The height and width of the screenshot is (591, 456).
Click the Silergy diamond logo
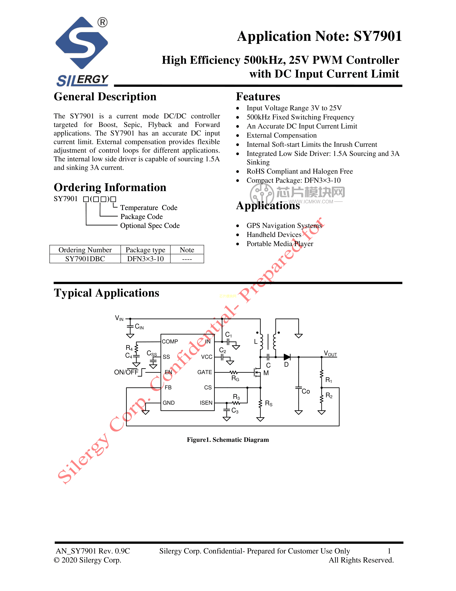click(x=82, y=43)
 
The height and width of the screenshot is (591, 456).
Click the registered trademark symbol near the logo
click(x=102, y=22)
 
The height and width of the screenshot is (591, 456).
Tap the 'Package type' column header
click(x=145, y=250)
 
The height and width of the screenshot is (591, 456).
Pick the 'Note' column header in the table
click(x=187, y=250)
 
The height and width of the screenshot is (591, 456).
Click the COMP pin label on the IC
click(x=170, y=342)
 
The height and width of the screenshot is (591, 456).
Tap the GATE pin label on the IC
click(x=205, y=372)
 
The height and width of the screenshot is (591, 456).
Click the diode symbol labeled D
click(x=287, y=357)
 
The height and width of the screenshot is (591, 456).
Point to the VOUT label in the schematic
click(x=330, y=353)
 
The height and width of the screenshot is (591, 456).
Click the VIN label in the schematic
click(x=119, y=318)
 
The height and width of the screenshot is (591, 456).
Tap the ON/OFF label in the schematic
click(x=126, y=372)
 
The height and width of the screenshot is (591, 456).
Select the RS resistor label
click(x=269, y=403)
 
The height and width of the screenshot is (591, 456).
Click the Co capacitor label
click(x=306, y=391)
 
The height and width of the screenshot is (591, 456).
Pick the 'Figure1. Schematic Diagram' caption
click(x=228, y=440)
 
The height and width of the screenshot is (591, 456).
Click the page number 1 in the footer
click(x=389, y=551)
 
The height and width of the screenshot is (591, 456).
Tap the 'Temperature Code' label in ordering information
click(x=149, y=208)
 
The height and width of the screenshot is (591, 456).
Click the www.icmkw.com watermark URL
click(x=311, y=202)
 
